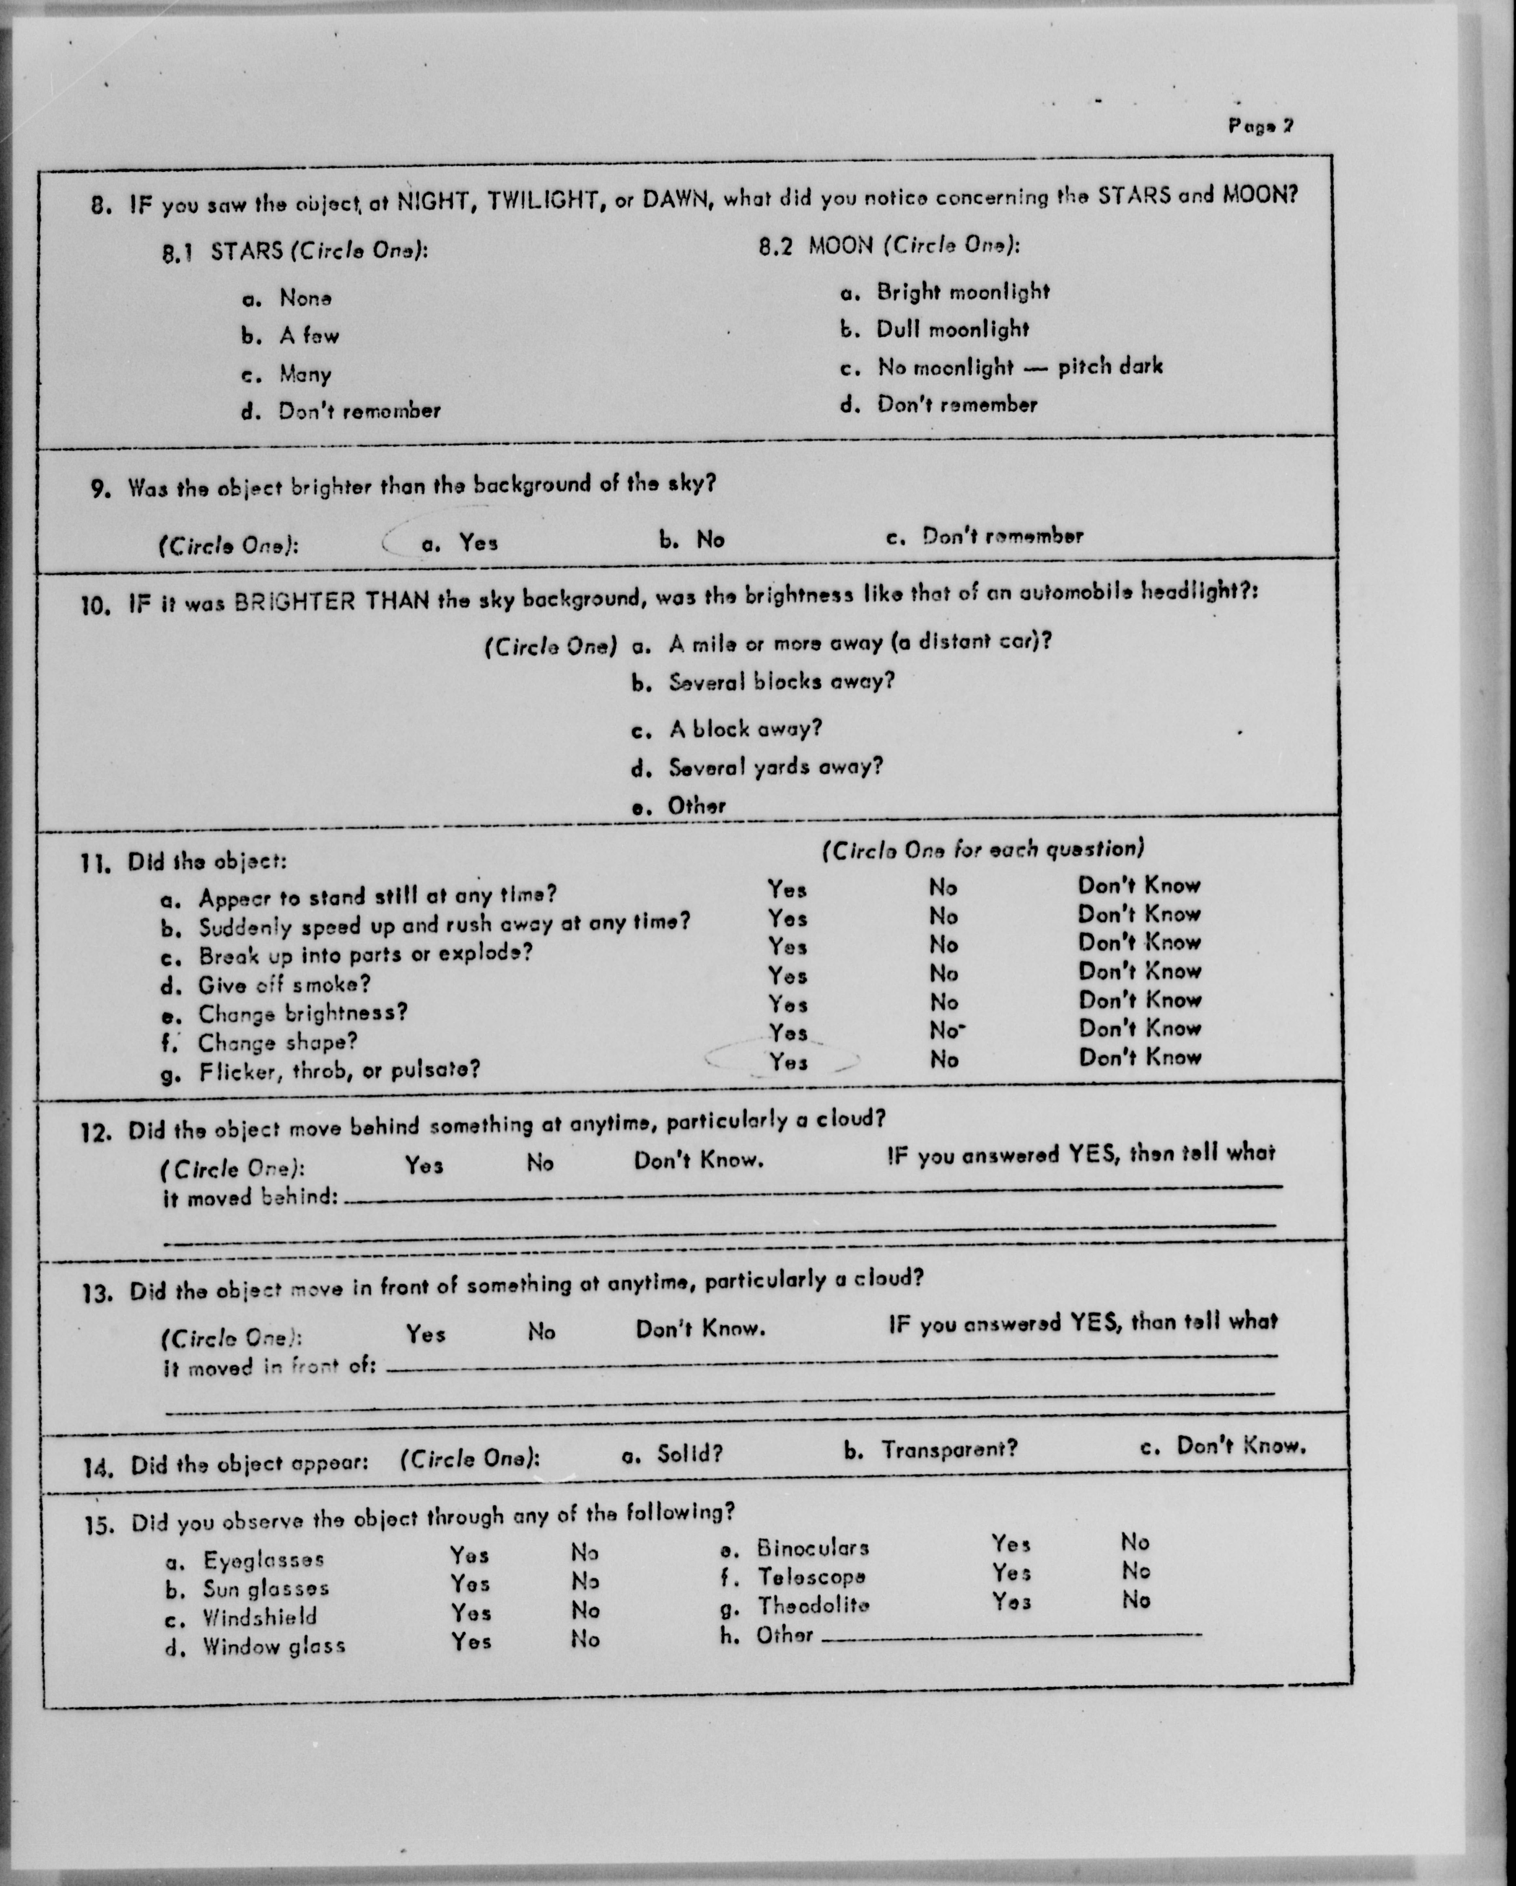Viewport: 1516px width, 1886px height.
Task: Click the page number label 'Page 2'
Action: (1260, 126)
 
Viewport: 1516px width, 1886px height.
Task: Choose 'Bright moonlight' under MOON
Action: (962, 292)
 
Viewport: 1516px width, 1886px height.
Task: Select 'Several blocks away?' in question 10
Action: (781, 681)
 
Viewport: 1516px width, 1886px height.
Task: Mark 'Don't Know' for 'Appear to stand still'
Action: (1139, 885)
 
